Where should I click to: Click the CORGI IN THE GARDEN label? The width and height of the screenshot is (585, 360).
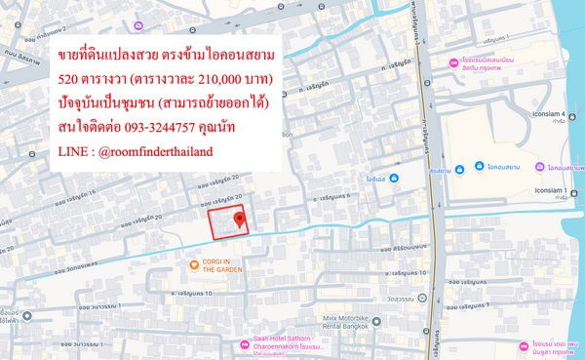(x=222, y=267)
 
